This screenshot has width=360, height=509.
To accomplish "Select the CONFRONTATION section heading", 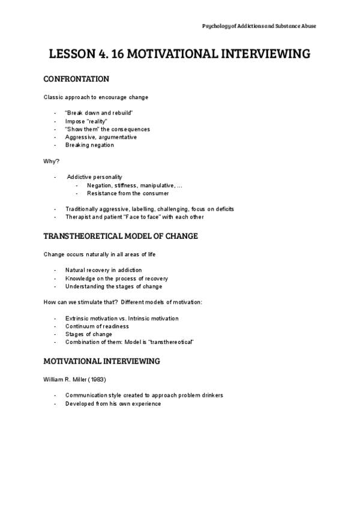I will pyautogui.click(x=76, y=79).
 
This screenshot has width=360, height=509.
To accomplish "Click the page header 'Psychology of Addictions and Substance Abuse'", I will pyautogui.click(x=259, y=26).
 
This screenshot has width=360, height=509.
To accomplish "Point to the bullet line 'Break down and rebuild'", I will pyautogui.click(x=99, y=113).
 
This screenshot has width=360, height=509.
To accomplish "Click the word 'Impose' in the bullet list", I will pyautogui.click(x=75, y=121).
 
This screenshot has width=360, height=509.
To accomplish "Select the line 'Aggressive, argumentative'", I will pyautogui.click(x=101, y=137).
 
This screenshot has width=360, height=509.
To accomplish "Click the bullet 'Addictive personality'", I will pyautogui.click(x=95, y=177).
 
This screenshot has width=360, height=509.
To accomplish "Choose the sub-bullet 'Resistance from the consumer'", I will pyautogui.click(x=128, y=193).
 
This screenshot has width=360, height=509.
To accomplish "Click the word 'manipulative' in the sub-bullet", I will pyautogui.click(x=158, y=185).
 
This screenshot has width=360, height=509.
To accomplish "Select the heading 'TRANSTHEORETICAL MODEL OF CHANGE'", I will pyautogui.click(x=121, y=236).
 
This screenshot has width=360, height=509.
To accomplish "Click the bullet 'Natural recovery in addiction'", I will pyautogui.click(x=104, y=270).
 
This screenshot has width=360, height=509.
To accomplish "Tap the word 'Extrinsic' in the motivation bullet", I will pyautogui.click(x=77, y=318).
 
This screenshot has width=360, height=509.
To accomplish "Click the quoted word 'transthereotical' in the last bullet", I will pyautogui.click(x=172, y=342).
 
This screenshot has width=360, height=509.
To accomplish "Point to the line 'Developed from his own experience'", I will pyautogui.click(x=113, y=404).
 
